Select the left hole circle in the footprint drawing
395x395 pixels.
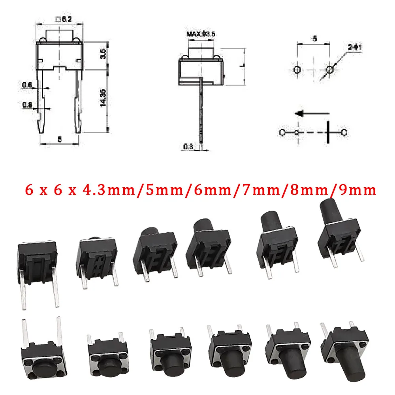click(x=297, y=70)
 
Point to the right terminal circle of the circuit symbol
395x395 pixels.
click(x=344, y=132)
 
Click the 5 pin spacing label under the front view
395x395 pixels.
click(x=60, y=139)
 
